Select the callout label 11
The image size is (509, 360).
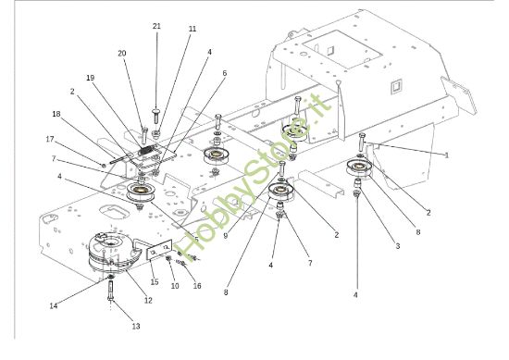[192, 30]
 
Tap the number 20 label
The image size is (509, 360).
[121, 53]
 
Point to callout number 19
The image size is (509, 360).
[91, 78]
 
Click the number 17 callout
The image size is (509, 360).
[51, 139]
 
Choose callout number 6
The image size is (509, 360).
[223, 72]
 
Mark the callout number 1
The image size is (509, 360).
[447, 155]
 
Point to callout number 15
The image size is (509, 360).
[155, 282]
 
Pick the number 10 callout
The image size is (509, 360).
[176, 286]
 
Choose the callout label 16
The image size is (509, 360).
[197, 287]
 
